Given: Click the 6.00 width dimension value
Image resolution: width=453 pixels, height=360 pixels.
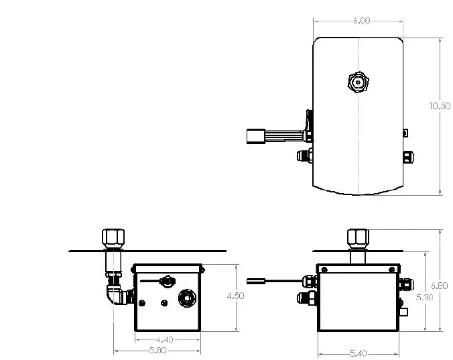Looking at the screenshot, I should pyautogui.click(x=361, y=21).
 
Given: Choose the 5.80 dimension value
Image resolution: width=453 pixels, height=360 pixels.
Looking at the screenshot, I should pyautogui.click(x=158, y=350).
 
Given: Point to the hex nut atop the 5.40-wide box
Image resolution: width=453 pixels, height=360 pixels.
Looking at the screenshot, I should pyautogui.click(x=357, y=237).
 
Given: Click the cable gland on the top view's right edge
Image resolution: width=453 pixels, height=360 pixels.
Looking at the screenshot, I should pyautogui.click(x=407, y=157).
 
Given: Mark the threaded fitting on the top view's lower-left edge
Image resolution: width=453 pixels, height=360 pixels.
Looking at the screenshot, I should pyautogui.click(x=304, y=156).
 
